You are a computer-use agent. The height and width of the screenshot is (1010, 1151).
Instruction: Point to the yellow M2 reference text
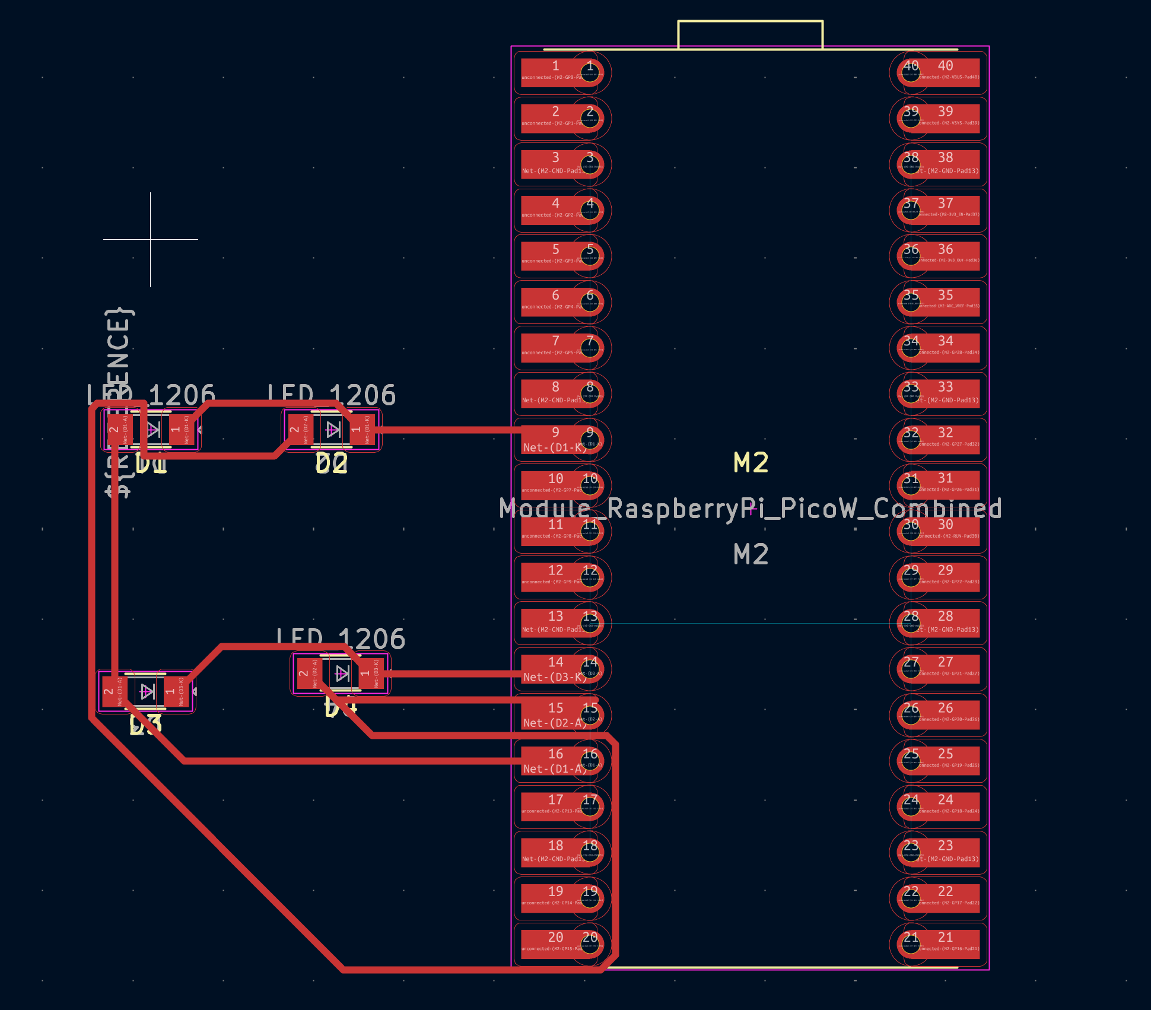tap(751, 462)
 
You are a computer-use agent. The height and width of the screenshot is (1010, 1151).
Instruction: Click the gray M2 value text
tap(751, 554)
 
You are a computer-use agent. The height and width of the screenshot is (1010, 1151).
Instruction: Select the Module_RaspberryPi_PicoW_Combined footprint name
tap(751, 509)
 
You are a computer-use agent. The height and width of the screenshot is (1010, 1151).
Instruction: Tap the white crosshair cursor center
tap(151, 240)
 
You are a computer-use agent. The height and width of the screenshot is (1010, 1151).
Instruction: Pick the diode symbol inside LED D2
tap(333, 429)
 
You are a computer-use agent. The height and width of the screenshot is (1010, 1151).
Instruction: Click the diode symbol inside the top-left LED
tap(153, 429)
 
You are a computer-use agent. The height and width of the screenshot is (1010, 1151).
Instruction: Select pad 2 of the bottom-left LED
tap(110, 691)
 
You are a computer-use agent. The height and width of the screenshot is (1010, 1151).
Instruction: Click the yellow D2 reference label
tap(332, 463)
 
